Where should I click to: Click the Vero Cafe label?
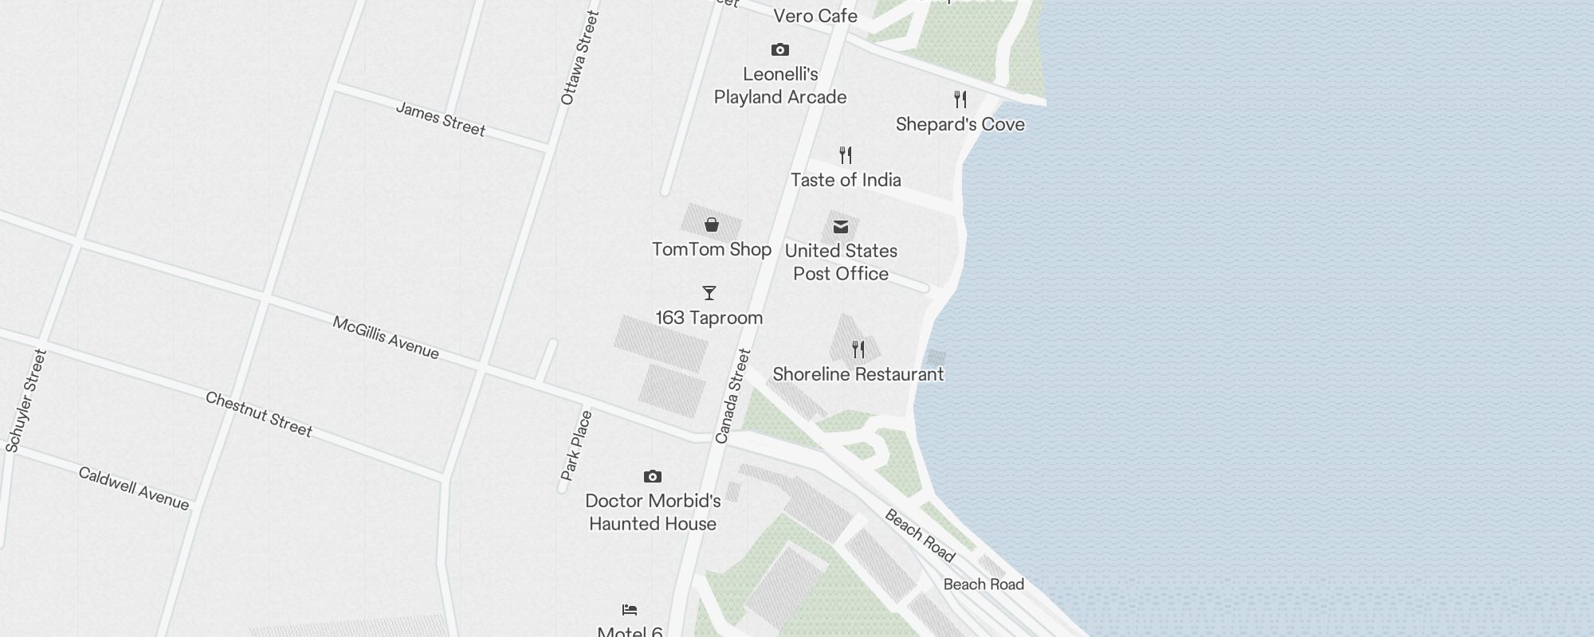coord(815,16)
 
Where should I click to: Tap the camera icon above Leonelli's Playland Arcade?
coord(780,50)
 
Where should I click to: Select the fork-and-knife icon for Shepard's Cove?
coord(960,100)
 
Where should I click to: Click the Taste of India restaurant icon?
coord(846,154)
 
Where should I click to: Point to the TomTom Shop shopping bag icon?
coord(712,225)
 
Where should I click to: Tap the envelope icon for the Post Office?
coord(841,227)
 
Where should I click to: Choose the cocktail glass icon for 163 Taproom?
coord(709,293)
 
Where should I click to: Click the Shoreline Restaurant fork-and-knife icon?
coord(858,349)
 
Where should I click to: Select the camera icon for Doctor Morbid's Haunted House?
coord(653,476)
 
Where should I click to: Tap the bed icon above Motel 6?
coord(630,610)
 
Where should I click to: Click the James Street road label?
coord(441,119)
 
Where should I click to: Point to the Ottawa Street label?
coord(579,57)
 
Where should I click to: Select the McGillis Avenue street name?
coord(386,338)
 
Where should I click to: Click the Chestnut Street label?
coord(259,414)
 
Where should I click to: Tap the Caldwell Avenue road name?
coord(134,488)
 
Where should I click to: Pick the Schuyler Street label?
coord(26,401)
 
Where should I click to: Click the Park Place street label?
coord(576,445)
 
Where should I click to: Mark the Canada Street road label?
coord(733,396)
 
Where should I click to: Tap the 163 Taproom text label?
coord(709,318)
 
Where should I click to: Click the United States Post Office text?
coord(841,262)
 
